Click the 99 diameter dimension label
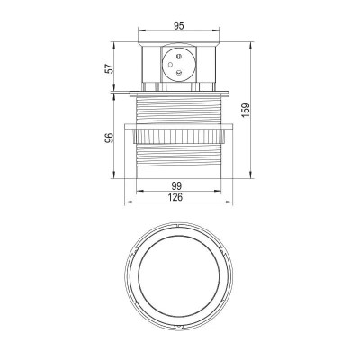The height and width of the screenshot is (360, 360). tap(178, 185)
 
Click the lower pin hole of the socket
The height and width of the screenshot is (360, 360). tap(179, 76)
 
